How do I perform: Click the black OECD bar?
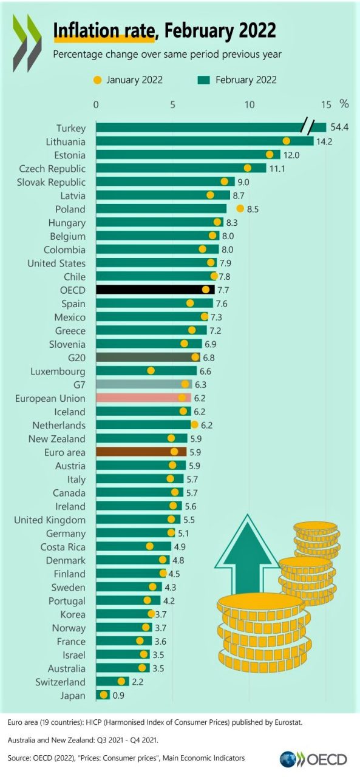(155, 290)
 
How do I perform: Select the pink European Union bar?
(143, 398)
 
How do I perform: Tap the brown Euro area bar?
(141, 452)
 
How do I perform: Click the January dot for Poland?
(240, 208)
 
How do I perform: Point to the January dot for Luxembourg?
(151, 370)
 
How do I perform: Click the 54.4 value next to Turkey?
(339, 127)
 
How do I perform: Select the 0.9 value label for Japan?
(118, 695)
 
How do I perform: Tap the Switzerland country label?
(60, 682)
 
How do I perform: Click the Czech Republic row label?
(52, 169)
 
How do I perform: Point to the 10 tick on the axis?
(250, 104)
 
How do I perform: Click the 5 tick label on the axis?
(172, 104)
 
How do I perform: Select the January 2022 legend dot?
(98, 80)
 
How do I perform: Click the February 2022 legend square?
(203, 80)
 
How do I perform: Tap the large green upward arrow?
(247, 555)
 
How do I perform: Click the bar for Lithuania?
(205, 141)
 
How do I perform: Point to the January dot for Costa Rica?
(149, 546)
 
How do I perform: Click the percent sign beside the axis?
(344, 103)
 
